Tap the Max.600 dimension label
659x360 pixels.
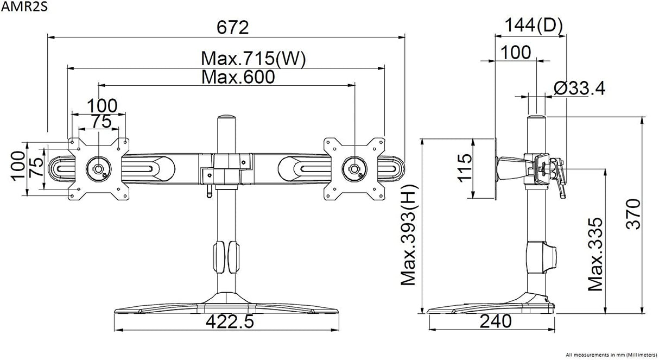pyautogui.click(x=238, y=77)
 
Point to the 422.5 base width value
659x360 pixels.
pyautogui.click(x=230, y=321)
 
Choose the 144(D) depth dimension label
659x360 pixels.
pyautogui.click(x=534, y=25)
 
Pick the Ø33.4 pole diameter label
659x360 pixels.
pyautogui.click(x=579, y=88)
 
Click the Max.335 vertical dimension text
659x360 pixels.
pyautogui.click(x=595, y=254)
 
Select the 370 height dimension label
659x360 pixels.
pyautogui.click(x=633, y=214)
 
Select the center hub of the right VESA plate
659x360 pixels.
pyautogui.click(x=354, y=167)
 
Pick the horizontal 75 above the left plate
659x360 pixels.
pyautogui.click(x=98, y=122)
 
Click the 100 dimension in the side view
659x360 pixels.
pyautogui.click(x=515, y=53)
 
